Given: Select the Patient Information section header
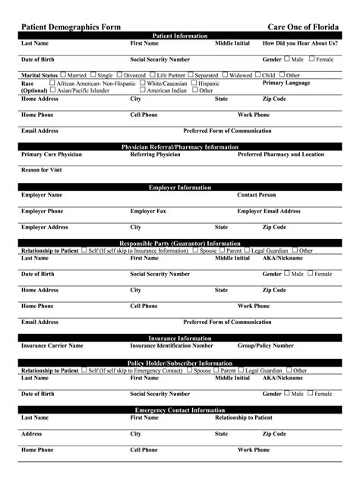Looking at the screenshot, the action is (x=180, y=36).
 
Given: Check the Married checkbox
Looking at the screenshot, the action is (x=62, y=75).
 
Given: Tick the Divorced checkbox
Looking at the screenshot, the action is (x=119, y=75).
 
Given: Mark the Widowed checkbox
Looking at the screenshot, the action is (x=226, y=75).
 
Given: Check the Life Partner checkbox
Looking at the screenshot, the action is (x=152, y=75).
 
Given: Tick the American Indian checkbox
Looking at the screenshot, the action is (x=142, y=90).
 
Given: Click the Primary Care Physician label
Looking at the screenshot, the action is (x=52, y=154).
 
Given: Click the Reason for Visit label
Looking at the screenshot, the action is (x=42, y=170).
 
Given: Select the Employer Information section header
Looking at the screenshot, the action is (x=180, y=187).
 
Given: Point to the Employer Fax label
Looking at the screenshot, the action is (x=148, y=211).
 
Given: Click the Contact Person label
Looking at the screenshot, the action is (x=257, y=195).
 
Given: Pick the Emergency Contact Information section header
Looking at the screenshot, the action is (x=180, y=410).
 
